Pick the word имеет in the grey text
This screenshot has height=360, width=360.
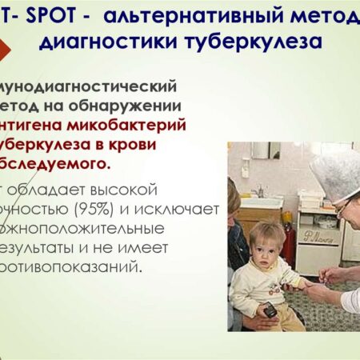point(183,247)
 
